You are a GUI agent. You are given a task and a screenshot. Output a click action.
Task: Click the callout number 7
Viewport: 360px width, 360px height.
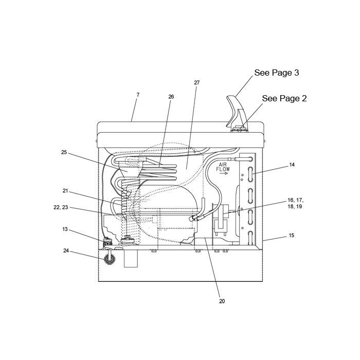138,95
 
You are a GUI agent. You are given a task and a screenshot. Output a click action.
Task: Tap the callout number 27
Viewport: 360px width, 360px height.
197,83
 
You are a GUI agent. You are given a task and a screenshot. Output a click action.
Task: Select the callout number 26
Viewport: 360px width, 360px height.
171,97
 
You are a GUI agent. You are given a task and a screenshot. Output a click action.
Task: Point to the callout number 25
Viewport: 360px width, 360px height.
64,152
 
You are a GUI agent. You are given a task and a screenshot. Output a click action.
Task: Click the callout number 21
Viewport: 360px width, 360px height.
65,191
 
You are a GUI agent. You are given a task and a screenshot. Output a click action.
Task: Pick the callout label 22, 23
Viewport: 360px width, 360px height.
61,207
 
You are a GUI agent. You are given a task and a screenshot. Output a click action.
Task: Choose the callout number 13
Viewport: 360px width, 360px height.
65,229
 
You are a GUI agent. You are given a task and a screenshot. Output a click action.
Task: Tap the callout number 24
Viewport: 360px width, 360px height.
66,251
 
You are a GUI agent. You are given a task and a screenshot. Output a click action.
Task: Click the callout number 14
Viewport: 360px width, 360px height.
292,165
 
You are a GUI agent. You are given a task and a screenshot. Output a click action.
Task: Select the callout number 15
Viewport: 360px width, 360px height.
292,236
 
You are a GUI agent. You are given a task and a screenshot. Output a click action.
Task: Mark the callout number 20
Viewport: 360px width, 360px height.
222,301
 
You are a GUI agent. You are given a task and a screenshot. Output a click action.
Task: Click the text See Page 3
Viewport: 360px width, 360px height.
277,73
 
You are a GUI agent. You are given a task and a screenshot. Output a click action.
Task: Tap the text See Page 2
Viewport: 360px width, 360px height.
284,98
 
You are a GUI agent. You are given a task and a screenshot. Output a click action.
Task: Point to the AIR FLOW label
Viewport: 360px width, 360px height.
223,167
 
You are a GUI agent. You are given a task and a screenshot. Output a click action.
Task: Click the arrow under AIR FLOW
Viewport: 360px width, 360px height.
223,173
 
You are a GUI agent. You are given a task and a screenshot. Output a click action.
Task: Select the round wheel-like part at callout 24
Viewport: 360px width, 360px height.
110,259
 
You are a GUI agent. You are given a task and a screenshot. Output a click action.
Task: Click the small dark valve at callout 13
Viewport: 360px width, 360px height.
107,242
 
